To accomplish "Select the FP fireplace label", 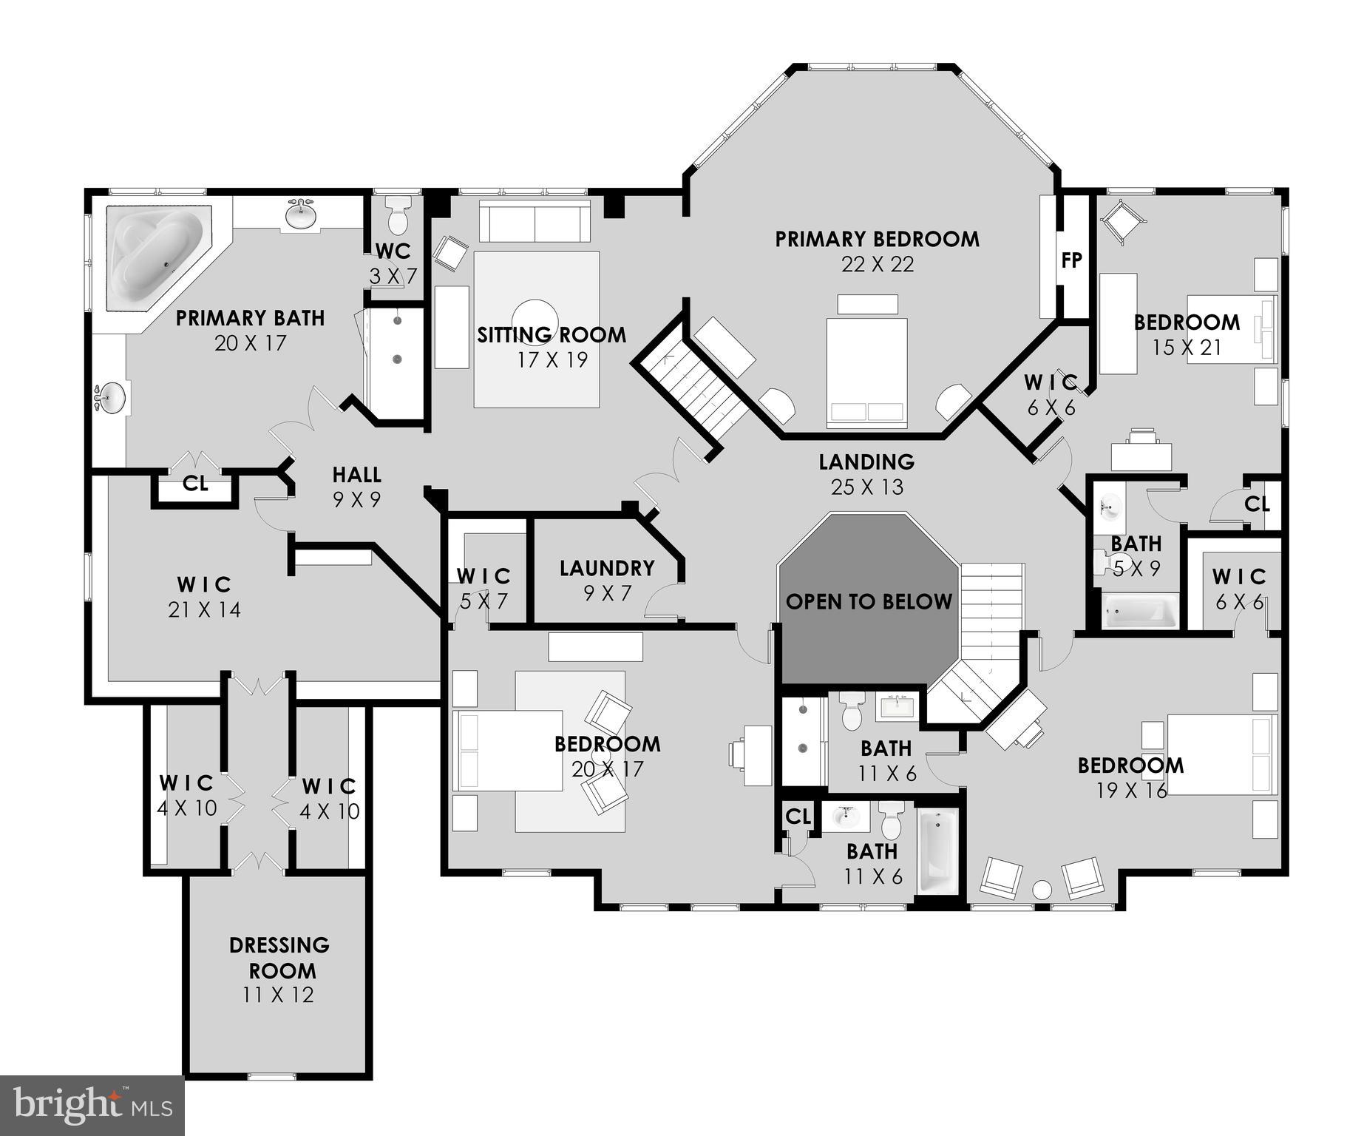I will [x=1072, y=260].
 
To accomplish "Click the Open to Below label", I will [x=869, y=601].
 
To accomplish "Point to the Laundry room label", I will [x=607, y=568].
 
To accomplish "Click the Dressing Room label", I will [x=279, y=957].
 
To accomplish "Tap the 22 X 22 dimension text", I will [x=878, y=264].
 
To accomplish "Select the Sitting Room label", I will [x=552, y=335].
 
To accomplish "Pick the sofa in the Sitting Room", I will [x=535, y=220].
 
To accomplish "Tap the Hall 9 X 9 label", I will [x=356, y=487].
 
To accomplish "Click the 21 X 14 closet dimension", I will [x=204, y=610].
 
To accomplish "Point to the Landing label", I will [x=866, y=461].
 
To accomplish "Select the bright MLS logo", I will [x=92, y=1105].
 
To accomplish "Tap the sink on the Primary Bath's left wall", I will [x=111, y=399].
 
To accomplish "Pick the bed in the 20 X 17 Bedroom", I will [x=507, y=750].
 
